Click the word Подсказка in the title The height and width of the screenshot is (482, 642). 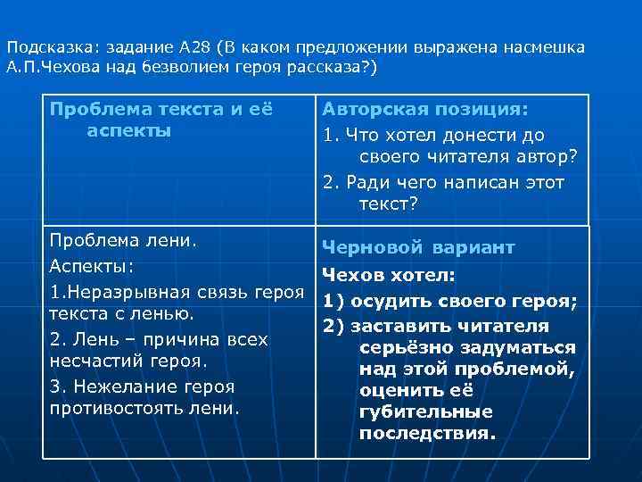[x=42, y=48]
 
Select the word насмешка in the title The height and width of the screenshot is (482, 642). [x=545, y=48]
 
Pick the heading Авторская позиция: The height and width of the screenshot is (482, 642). [x=424, y=109]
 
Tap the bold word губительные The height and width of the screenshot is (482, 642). [x=426, y=413]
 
